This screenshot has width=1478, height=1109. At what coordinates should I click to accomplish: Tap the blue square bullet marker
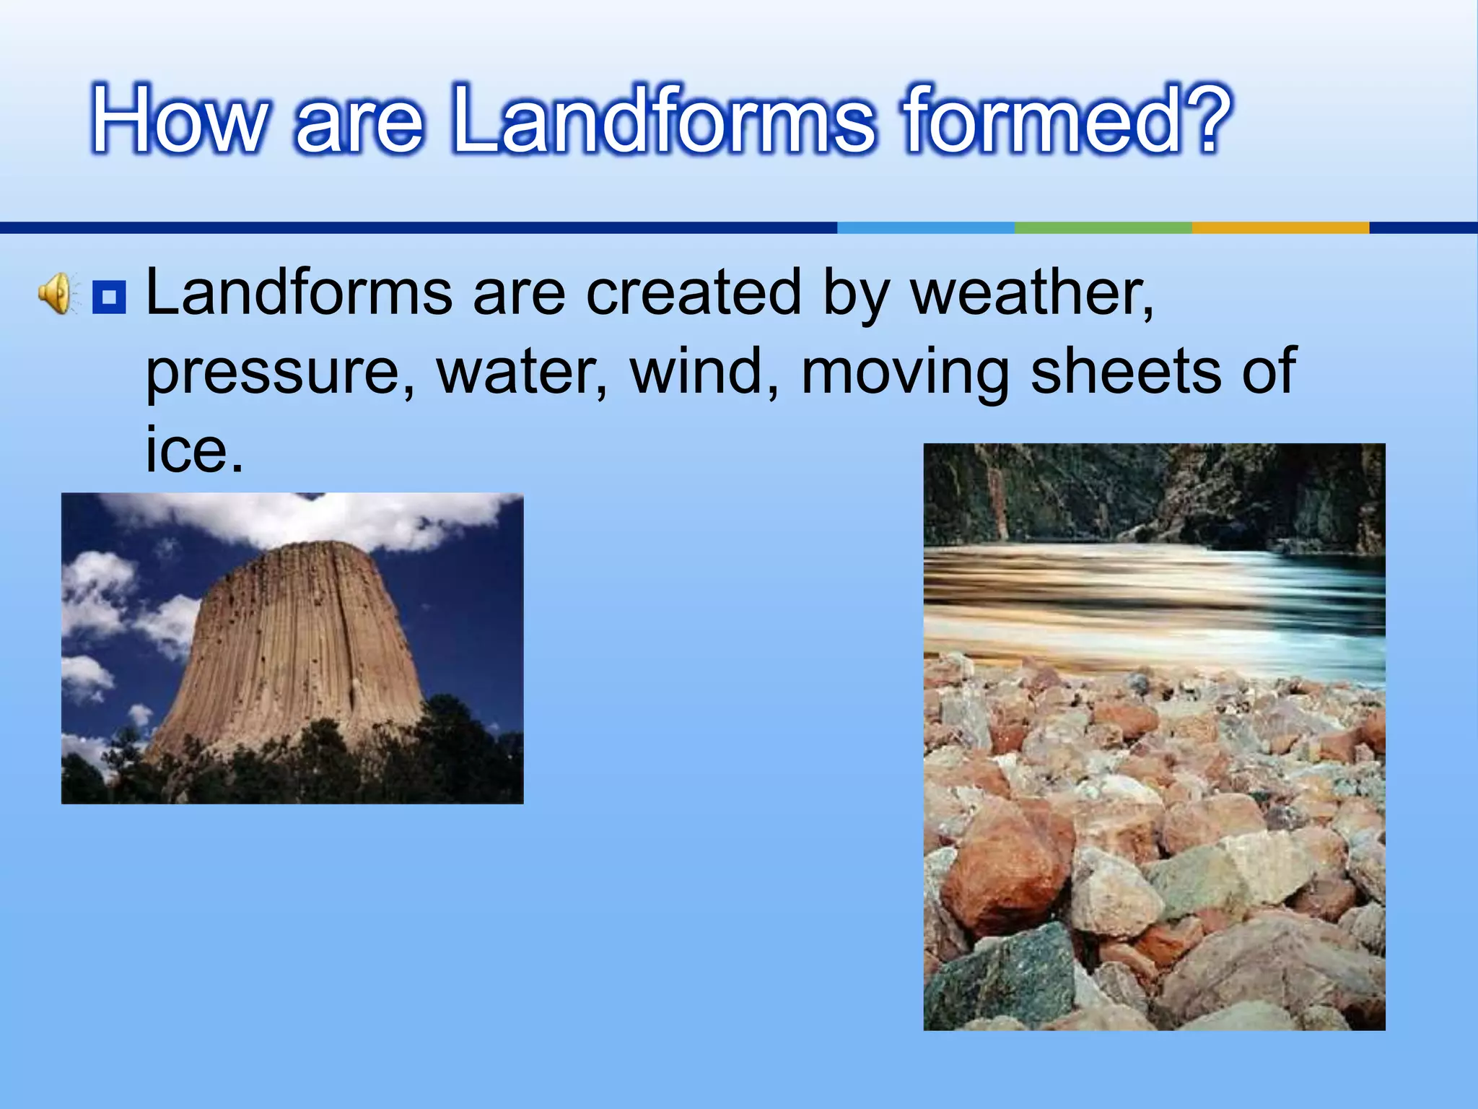pyautogui.click(x=109, y=296)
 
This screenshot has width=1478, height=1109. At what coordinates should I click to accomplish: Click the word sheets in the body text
pyautogui.click(x=1125, y=371)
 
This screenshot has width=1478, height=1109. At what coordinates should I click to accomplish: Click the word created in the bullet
pyautogui.click(x=693, y=292)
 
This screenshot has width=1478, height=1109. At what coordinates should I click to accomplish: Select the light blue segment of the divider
pyautogui.click(x=925, y=227)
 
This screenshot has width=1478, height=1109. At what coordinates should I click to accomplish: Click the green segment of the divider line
pyautogui.click(x=1103, y=227)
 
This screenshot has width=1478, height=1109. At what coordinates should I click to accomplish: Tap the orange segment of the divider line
pyautogui.click(x=1280, y=227)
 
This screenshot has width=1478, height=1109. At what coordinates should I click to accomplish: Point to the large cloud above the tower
pyautogui.click(x=318, y=517)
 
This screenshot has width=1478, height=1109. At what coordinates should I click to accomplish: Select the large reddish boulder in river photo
pyautogui.click(x=1007, y=866)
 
